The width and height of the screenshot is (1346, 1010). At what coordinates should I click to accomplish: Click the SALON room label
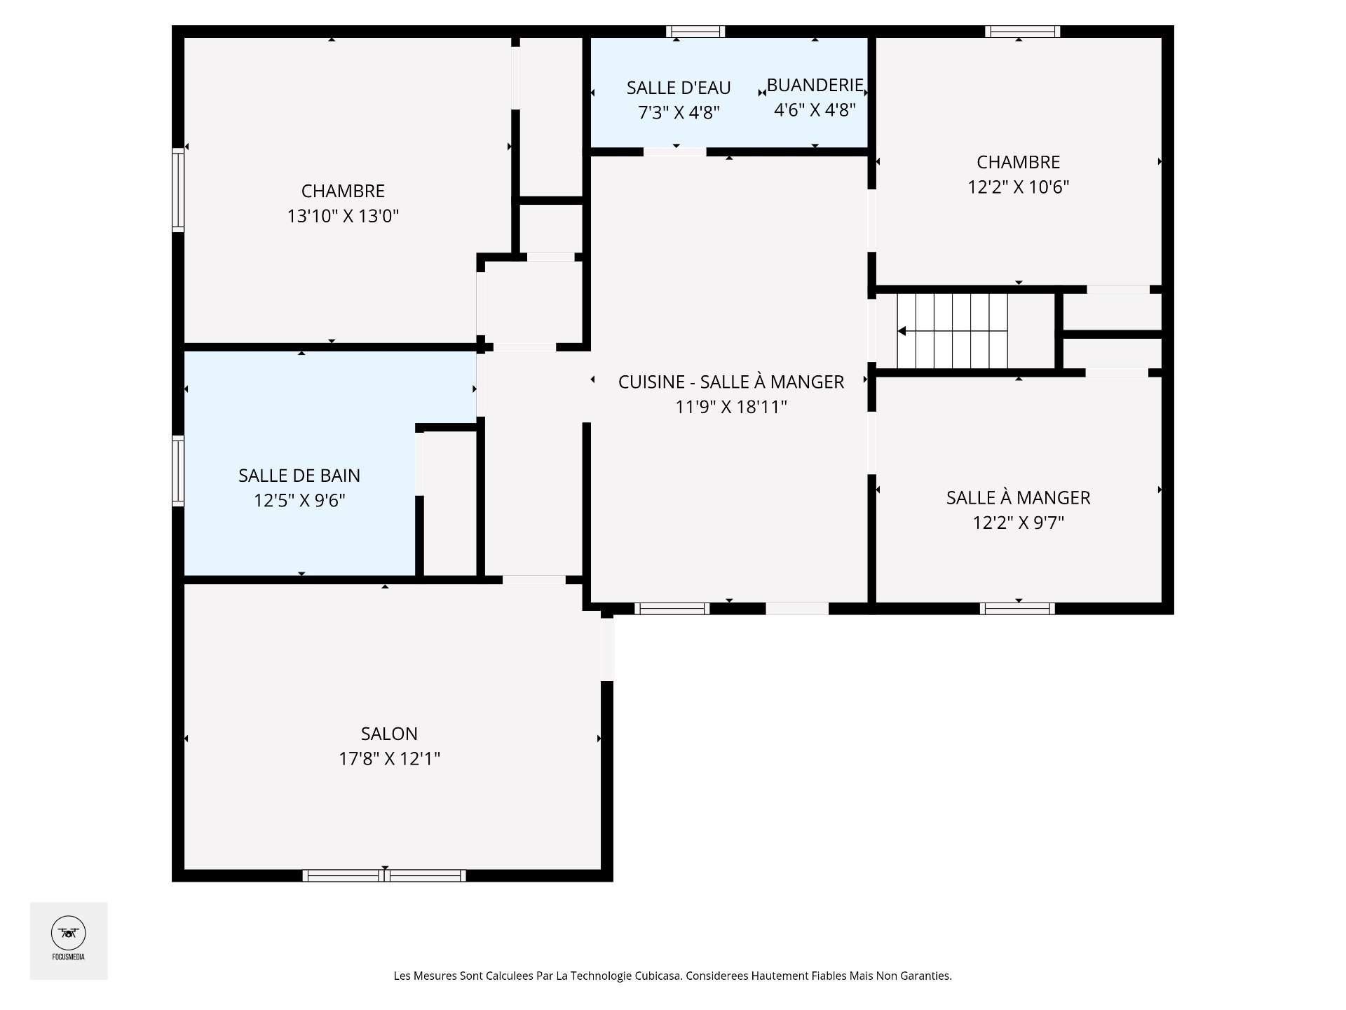tap(389, 734)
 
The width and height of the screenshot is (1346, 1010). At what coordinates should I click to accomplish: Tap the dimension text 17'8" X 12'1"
tap(389, 759)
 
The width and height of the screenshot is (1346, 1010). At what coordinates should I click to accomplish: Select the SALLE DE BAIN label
tap(299, 476)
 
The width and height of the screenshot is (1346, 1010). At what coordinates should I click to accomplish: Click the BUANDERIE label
tap(815, 85)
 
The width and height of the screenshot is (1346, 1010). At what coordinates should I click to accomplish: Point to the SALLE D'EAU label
tap(679, 88)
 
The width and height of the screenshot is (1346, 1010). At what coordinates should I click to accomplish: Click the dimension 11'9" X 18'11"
tap(731, 407)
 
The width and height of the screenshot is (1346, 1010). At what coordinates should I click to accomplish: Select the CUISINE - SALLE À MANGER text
tap(731, 382)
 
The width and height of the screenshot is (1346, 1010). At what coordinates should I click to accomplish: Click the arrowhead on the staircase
tap(902, 331)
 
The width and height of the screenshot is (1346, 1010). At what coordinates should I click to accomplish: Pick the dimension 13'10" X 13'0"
tap(343, 216)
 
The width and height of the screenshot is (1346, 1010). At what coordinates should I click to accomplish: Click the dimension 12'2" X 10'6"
tap(1018, 187)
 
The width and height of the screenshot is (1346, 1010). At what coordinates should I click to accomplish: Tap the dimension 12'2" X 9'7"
tap(1018, 523)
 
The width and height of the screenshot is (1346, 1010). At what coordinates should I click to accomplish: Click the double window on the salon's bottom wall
tap(384, 875)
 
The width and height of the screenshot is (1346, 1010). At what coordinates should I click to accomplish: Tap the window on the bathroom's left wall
tap(179, 470)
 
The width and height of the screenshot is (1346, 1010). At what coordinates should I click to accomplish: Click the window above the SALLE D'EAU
tap(695, 32)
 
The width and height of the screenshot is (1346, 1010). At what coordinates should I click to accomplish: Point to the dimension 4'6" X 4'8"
tap(815, 110)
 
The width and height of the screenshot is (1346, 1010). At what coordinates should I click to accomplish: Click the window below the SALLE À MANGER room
tap(1017, 608)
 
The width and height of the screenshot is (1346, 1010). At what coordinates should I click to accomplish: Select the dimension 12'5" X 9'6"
tap(299, 501)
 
